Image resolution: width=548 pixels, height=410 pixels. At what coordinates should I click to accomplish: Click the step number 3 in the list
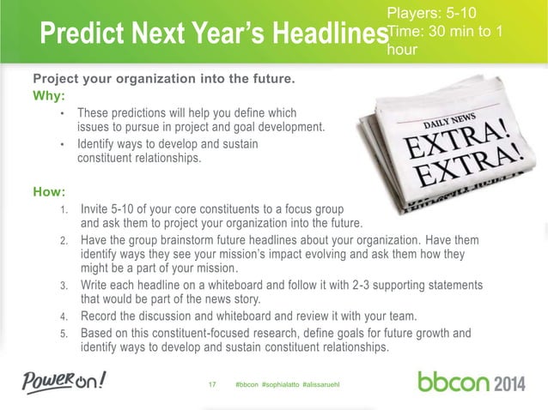click(64, 286)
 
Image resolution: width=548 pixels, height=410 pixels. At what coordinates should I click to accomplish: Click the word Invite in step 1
click(95, 208)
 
